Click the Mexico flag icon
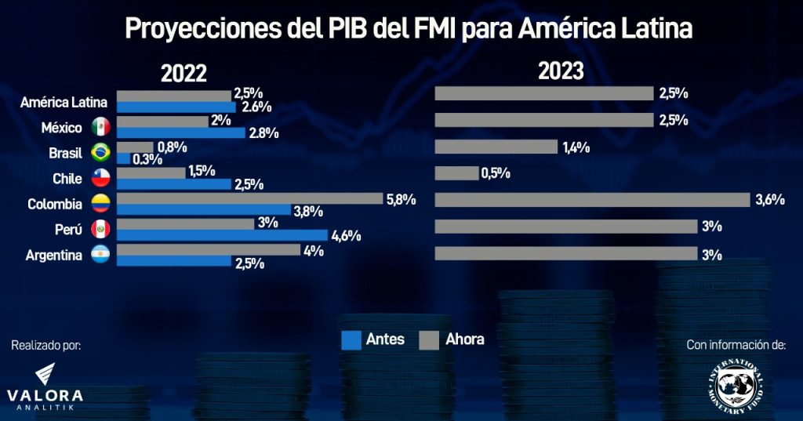tap(100, 127)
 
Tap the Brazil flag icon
tap(100, 152)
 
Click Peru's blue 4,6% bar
tap(222, 235)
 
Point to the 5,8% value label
tap(401, 199)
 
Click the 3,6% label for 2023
tap(770, 199)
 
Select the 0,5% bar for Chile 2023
tap(456, 173)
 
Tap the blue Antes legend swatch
tap(351, 339)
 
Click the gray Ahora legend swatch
tap(428, 339)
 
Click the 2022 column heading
tap(183, 74)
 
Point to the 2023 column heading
tap(561, 71)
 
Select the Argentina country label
tap(54, 256)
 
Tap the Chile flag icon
tap(100, 178)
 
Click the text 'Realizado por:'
tap(46, 345)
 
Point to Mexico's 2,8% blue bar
tap(181, 133)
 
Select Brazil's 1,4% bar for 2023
tap(496, 147)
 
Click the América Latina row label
tap(64, 101)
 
